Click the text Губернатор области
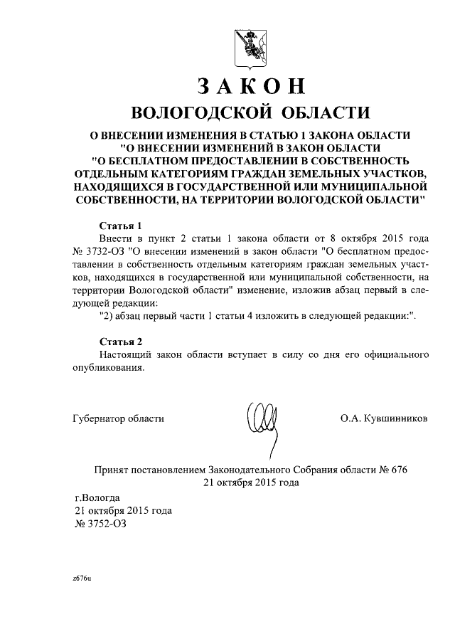click(118, 418)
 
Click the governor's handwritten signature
click(260, 419)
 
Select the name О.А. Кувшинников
click(384, 418)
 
